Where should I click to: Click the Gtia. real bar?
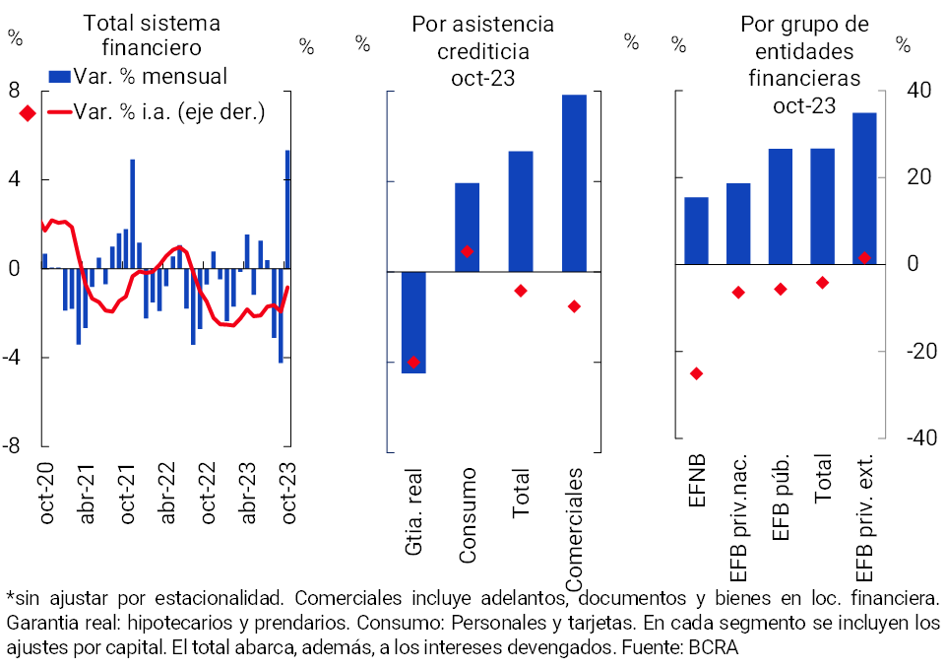pyautogui.click(x=413, y=322)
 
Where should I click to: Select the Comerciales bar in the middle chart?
pyautogui.click(x=574, y=182)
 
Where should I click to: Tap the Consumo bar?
pyautogui.click(x=467, y=227)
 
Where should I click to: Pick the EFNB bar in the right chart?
pyautogui.click(x=696, y=231)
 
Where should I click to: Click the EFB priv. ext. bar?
pyautogui.click(x=864, y=188)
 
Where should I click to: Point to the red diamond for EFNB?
pyautogui.click(x=696, y=373)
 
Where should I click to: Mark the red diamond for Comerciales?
pyautogui.click(x=574, y=306)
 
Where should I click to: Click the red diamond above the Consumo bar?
pyautogui.click(x=468, y=251)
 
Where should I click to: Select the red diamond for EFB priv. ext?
pyautogui.click(x=864, y=258)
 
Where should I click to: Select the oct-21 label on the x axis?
pyautogui.click(x=129, y=493)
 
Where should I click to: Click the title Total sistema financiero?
pyautogui.click(x=152, y=34)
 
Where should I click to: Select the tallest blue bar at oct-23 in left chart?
pyautogui.click(x=287, y=208)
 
